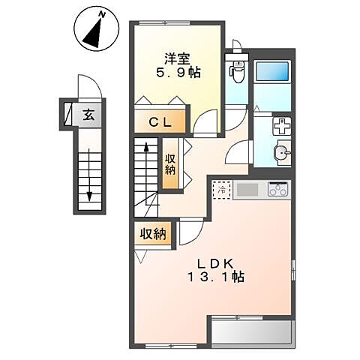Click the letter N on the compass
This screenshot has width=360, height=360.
tap(102, 15)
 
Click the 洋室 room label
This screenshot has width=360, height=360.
tap(178, 59)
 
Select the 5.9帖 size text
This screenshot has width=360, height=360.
tap(178, 73)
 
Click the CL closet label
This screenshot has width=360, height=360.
tap(160, 122)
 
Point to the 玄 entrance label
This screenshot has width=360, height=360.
tap(89, 115)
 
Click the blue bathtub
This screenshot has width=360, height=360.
tap(272, 71)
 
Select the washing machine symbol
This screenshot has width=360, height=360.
tap(282, 126)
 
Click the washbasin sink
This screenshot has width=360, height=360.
tap(283, 152)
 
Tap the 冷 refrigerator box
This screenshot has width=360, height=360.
tap(221, 190)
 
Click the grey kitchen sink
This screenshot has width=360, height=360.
tap(247, 190)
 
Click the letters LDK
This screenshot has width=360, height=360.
tap(215, 263)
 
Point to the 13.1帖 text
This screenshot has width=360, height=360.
tap(216, 277)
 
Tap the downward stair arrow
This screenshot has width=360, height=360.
tap(89, 175)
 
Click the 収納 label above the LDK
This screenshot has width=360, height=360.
tap(153, 235)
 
